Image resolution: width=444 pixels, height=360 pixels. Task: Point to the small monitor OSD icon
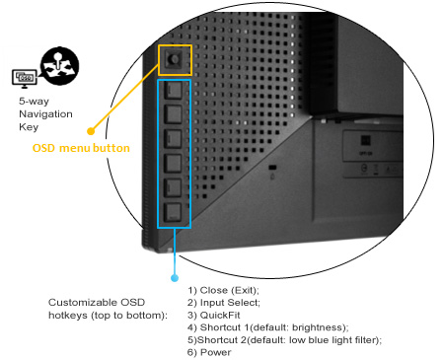24,77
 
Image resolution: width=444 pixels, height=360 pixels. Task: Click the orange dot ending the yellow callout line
90,128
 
